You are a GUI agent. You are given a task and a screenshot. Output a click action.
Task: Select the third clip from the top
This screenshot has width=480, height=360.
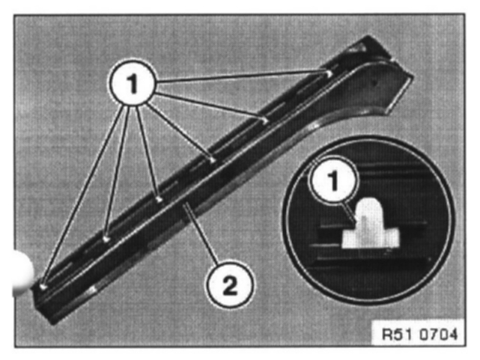click(x=213, y=159)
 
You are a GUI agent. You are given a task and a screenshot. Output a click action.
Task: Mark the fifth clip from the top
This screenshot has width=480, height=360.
click(x=106, y=238)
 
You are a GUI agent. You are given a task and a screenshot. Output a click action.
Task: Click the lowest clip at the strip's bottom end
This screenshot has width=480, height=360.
click(x=44, y=285)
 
